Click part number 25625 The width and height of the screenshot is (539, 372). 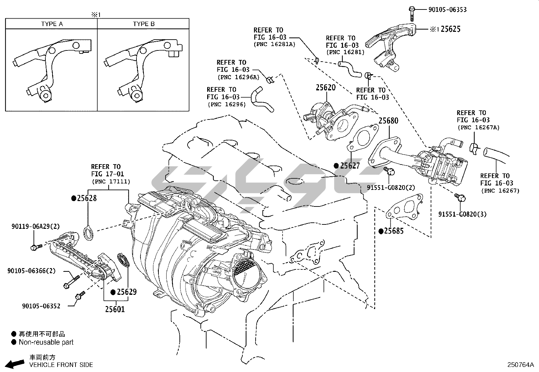[x=450, y=29]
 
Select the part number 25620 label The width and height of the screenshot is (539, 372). [x=326, y=88]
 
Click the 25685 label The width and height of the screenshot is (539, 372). [x=394, y=231]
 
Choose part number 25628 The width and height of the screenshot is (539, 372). [x=87, y=198]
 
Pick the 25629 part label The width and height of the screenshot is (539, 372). [x=126, y=292]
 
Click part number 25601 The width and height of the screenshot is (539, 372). [x=115, y=309]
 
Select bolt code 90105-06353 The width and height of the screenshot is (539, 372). [x=447, y=9]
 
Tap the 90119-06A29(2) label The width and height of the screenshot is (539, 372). [x=36, y=226]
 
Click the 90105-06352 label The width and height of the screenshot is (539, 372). [x=41, y=306]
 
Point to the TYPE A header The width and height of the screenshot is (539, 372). [x=52, y=24]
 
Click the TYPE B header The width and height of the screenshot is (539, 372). [x=144, y=24]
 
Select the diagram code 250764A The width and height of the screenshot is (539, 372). [x=520, y=365]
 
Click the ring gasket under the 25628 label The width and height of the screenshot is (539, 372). [x=89, y=234]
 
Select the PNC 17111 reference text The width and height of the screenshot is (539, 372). [x=111, y=182]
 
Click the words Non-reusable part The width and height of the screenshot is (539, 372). [x=46, y=342]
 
